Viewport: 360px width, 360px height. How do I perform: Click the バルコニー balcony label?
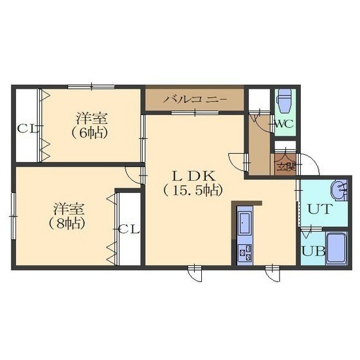[x=196, y=100]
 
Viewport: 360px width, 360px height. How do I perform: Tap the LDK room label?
[x=194, y=176]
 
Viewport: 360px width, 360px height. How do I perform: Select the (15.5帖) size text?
[x=194, y=190]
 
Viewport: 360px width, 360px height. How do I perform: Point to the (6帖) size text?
[x=89, y=133]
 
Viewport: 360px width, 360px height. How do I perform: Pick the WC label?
[x=284, y=124]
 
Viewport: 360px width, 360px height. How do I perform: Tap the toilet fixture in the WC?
[x=285, y=100]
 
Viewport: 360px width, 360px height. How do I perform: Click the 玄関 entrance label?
[x=286, y=167]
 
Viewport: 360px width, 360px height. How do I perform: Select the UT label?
[x=319, y=209]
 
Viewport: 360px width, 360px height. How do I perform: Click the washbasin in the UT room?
[x=339, y=190]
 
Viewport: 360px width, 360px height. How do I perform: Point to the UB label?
[x=313, y=251]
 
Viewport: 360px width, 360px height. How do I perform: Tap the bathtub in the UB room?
[x=336, y=249]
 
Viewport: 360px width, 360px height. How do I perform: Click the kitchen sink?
[x=245, y=222]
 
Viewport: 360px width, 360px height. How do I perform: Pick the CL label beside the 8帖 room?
[x=129, y=229]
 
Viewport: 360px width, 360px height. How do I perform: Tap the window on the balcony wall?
[x=195, y=113]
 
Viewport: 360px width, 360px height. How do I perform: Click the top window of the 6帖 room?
[x=91, y=87]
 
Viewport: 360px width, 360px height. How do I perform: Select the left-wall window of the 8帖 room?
[x=14, y=216]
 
